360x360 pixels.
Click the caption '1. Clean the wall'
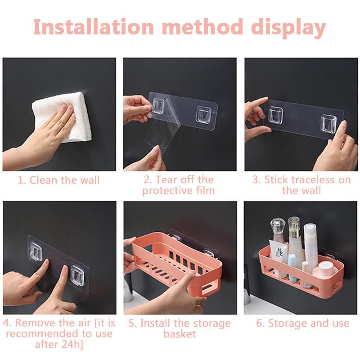coord(58,180)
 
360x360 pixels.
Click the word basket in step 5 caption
coord(180,334)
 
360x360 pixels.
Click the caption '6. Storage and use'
coord(302,323)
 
